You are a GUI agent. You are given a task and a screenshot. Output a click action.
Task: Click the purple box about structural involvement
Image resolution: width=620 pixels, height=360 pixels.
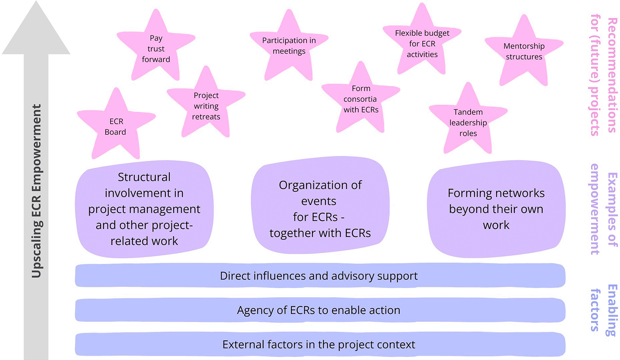144,209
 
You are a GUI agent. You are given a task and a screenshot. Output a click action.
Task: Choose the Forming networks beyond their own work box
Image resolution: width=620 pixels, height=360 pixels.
496,209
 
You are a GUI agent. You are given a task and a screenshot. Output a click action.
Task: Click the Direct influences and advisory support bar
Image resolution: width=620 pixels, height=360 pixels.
320,276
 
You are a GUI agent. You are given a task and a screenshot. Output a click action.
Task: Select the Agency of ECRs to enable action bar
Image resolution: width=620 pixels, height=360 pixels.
320,310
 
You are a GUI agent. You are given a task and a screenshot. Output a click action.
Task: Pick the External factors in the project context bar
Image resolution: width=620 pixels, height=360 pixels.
320,344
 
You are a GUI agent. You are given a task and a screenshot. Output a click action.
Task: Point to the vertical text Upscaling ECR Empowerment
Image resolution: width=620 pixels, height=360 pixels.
36,191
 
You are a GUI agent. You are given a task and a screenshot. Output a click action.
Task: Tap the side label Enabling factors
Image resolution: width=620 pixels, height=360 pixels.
604,310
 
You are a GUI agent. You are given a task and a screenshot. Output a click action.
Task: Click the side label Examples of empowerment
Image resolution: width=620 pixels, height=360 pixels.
604,209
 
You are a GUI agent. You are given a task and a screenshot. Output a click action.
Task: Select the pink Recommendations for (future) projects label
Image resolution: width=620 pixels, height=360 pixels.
604,75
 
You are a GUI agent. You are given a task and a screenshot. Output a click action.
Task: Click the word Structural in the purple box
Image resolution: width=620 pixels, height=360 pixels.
144,177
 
